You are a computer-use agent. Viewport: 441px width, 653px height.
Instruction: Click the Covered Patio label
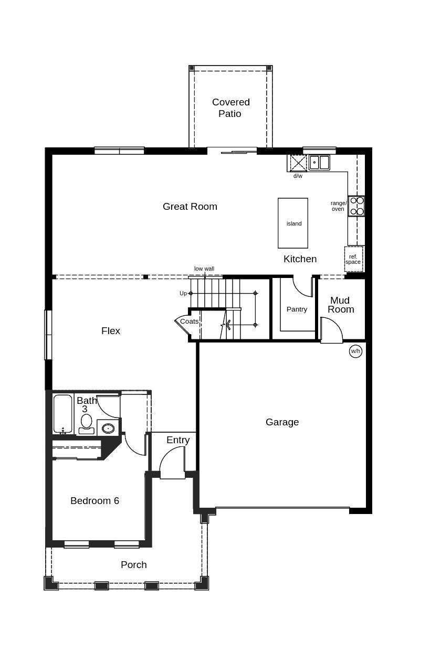[230, 108]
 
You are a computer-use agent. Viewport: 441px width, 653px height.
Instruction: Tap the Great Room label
[190, 207]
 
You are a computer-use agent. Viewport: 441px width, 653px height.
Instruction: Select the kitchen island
[293, 223]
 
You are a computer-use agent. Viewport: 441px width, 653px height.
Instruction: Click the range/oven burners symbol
[356, 206]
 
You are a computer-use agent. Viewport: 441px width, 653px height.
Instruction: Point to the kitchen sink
[319, 163]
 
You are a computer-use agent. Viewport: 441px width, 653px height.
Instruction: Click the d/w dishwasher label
[298, 176]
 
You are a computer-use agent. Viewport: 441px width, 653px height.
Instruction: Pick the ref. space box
[353, 259]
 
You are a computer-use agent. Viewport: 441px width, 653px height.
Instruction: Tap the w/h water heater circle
[355, 351]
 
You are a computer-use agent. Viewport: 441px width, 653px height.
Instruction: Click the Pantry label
[297, 309]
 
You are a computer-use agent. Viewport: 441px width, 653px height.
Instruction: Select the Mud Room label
[340, 305]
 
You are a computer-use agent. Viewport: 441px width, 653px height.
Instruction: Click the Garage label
[282, 422]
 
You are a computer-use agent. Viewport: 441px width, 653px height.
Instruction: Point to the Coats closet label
[189, 322]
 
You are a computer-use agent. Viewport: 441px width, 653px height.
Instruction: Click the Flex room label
[111, 331]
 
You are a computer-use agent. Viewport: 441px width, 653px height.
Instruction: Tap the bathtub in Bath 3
[62, 414]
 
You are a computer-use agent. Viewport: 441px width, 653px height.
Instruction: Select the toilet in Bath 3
[86, 422]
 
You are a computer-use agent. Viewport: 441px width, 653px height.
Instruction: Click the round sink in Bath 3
[108, 428]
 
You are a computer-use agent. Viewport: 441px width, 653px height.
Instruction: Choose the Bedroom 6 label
[94, 501]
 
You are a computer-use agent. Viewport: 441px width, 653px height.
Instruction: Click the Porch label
[133, 565]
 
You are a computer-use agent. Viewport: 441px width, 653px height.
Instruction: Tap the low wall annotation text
[204, 269]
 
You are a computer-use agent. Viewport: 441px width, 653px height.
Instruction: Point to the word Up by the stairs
[183, 293]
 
